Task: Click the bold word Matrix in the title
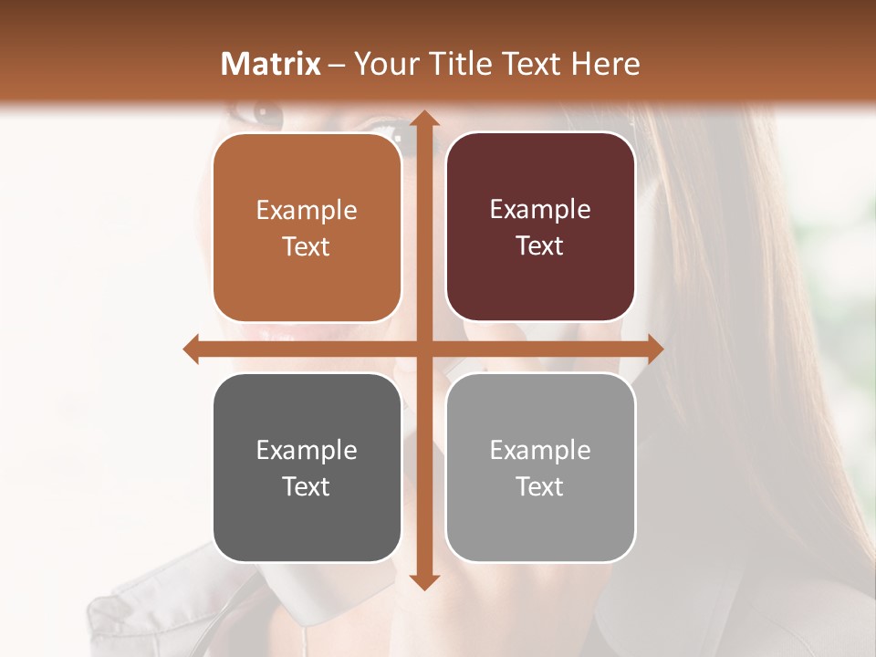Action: point(271,64)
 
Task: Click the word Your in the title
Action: point(387,64)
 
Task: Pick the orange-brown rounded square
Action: point(307,228)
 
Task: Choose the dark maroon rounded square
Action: point(540,227)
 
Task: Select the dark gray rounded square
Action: point(307,467)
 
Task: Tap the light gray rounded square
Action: point(540,467)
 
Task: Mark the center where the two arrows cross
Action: point(423,349)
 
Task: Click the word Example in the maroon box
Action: point(540,209)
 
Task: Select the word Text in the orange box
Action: point(307,246)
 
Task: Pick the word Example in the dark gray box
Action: point(307,450)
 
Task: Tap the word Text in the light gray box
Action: point(540,486)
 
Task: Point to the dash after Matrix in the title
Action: point(337,65)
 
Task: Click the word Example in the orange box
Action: point(307,210)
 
